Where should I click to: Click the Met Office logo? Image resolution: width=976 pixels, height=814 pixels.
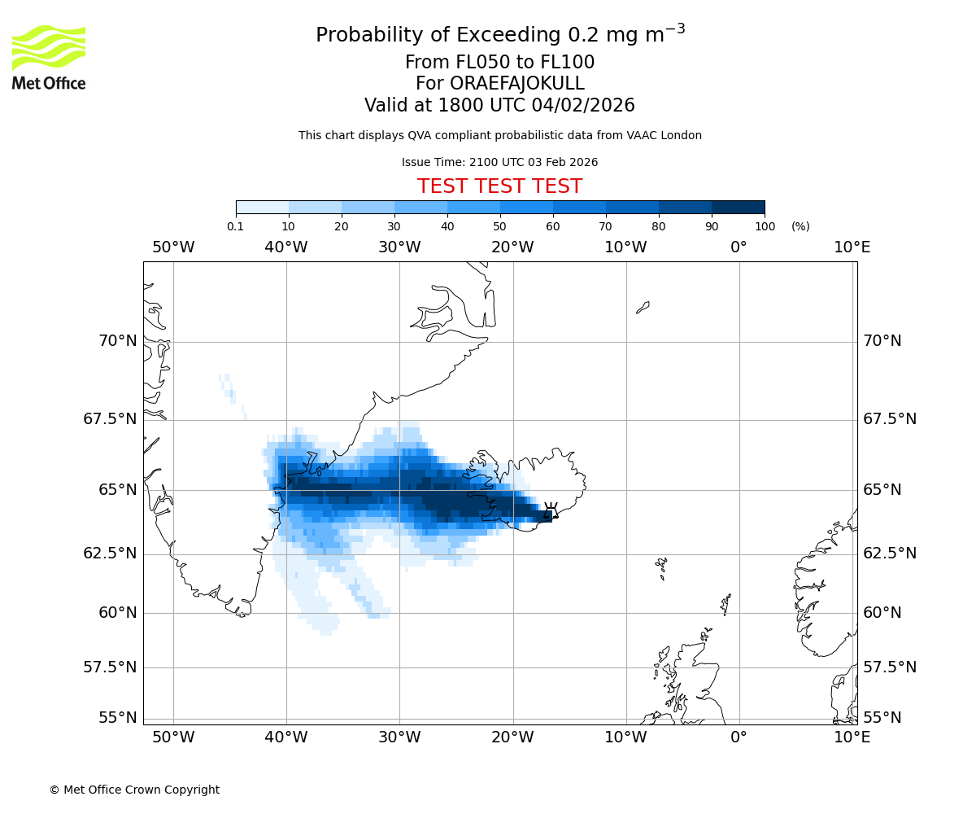pos(49,57)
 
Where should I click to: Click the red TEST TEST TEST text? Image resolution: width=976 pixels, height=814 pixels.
pos(499,186)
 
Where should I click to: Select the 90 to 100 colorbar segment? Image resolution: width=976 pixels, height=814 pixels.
pos(738,207)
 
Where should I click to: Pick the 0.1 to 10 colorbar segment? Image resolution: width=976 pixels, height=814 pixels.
pos(262,207)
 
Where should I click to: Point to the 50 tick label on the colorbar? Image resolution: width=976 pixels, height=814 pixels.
pos(500,226)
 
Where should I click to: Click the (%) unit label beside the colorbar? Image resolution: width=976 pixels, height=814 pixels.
pos(800,226)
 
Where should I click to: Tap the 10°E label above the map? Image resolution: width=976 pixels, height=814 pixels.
pos(852,247)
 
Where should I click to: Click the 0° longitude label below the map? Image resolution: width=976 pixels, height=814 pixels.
pos(739,737)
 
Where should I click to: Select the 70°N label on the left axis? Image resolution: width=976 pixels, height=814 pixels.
pos(118,341)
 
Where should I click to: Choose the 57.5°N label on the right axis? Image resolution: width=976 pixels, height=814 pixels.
pos(890,667)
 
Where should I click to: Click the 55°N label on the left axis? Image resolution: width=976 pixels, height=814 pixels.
pos(118,718)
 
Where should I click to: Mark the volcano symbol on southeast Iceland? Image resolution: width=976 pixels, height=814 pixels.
pos(551,510)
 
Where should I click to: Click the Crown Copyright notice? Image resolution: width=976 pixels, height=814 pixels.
pos(134,790)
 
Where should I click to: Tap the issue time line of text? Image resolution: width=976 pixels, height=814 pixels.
pos(499,162)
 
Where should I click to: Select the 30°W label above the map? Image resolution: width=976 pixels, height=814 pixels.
pos(399,247)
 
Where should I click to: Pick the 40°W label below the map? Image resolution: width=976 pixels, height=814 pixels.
pos(286,737)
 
